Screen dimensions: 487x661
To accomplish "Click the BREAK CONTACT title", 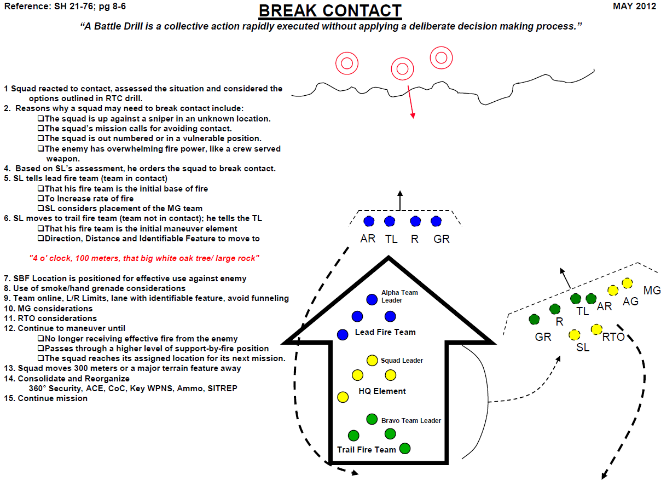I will coord(330,11).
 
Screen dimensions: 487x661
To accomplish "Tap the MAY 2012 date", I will coord(634,7).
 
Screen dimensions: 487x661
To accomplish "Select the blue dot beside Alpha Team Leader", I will coord(372,299).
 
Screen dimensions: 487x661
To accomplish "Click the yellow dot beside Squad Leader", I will coord(372,360).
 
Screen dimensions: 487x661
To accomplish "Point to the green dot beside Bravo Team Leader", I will coord(372,420).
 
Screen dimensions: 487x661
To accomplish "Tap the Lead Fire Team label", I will coord(385,332).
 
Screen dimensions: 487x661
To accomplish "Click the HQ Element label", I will coord(382,391).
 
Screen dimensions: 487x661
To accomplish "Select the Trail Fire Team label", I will coord(366,450).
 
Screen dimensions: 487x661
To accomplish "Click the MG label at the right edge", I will coord(652,290).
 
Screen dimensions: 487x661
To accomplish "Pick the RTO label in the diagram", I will coord(613,337).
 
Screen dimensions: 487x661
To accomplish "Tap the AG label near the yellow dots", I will coord(630,302).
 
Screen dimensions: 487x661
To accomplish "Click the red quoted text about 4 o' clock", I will coord(143,258).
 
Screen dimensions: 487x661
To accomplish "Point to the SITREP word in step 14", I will coord(223,389).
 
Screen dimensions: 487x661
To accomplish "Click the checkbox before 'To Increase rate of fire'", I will coord(40,199).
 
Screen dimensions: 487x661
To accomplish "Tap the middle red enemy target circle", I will coord(402,69).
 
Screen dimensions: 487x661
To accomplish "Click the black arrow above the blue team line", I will coord(400,200).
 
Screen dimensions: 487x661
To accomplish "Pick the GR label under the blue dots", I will coord(441,239).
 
